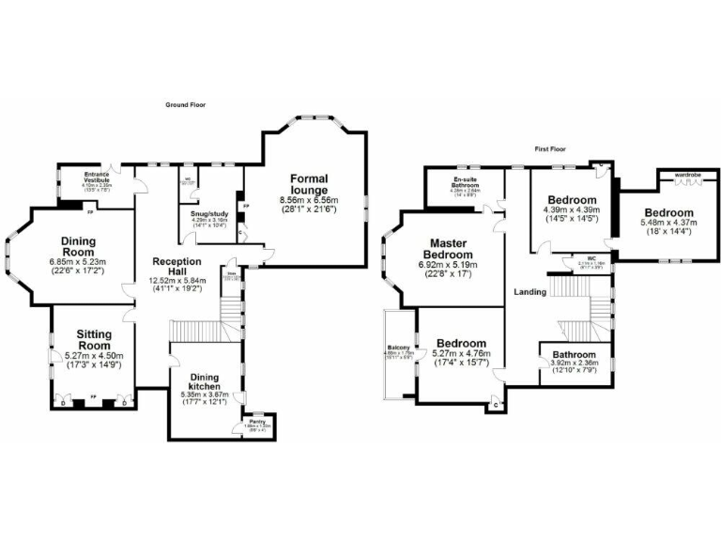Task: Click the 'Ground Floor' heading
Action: (185, 105)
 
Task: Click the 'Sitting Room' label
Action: (94, 339)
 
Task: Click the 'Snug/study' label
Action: (207, 214)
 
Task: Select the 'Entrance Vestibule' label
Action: (98, 177)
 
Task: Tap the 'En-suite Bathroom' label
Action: (463, 181)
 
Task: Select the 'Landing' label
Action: (530, 292)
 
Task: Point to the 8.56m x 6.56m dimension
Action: (309, 200)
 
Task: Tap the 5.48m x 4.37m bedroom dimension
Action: (667, 223)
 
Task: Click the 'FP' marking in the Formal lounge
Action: (247, 206)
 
